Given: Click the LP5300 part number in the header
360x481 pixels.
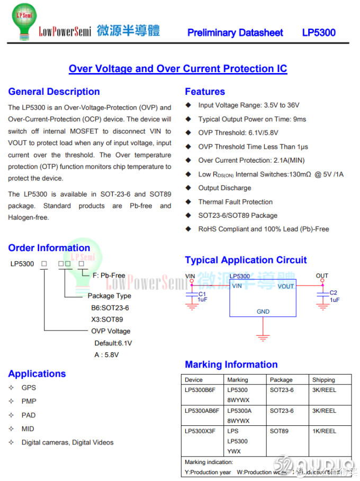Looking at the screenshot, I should click(319, 32).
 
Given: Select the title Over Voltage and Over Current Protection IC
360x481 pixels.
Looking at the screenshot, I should click(178, 69).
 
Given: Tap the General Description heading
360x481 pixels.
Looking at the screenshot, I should click(54, 92).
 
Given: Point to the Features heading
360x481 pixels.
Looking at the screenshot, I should click(205, 92).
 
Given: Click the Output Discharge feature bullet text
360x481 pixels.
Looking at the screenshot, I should click(224, 188).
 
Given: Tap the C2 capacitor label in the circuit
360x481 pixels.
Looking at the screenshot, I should click(333, 293).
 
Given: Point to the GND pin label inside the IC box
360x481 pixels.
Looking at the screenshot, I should click(263, 311).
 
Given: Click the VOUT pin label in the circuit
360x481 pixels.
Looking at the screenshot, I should click(285, 287).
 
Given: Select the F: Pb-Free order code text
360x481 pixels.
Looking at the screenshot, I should click(109, 275).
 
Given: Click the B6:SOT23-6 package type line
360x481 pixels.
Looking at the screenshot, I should click(110, 308).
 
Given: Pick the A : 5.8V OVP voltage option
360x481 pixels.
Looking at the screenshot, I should click(106, 355).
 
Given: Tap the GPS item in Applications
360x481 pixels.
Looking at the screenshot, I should click(29, 388).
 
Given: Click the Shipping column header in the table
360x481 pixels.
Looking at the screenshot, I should click(323, 380).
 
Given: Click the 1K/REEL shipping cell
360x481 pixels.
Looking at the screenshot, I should click(324, 431).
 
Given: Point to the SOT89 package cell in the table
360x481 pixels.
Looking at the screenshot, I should click(279, 431).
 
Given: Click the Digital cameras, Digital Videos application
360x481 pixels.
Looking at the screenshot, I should click(67, 442).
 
